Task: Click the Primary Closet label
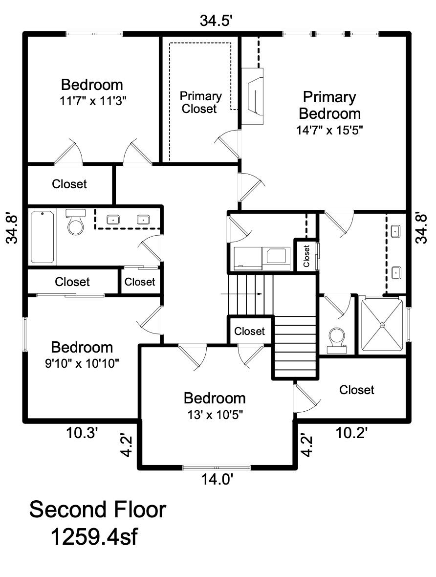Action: pos(200,102)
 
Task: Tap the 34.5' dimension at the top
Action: pos(217,21)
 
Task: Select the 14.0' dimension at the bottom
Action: pos(217,480)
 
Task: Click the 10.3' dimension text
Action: pos(82,433)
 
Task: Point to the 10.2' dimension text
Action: pos(351,433)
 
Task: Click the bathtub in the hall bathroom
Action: pos(43,236)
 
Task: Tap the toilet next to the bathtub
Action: pos(76,222)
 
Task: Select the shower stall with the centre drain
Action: pos(382,325)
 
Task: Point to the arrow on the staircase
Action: pos(241,294)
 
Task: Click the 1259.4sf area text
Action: pos(94,536)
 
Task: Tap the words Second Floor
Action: pos(97,510)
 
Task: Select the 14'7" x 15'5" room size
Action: pos(329,130)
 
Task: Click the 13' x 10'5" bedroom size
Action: pos(215,415)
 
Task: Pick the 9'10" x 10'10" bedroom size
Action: pos(82,364)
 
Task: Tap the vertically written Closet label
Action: pos(306,256)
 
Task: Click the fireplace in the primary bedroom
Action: pos(253,96)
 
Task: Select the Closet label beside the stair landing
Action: pos(249,331)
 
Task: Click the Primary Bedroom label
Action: pos(329,105)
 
